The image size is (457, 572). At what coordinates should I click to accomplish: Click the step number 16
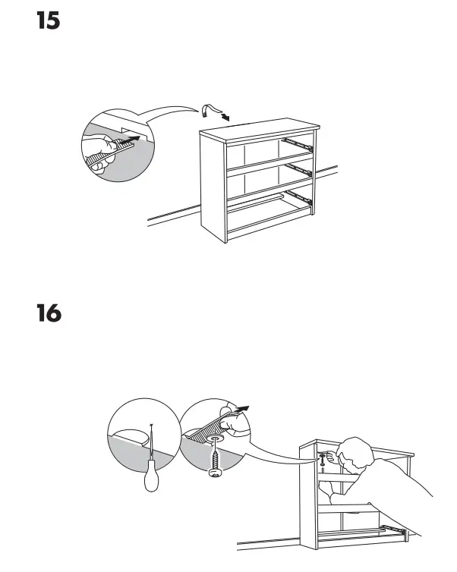[49, 313]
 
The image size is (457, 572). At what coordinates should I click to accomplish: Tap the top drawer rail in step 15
[297, 141]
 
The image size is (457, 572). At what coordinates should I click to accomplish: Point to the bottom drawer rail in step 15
[298, 197]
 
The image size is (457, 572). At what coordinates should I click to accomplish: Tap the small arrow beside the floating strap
[225, 118]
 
